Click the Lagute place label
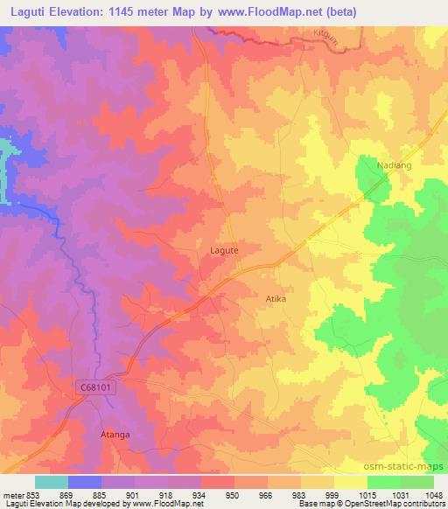(225, 250)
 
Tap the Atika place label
(276, 298)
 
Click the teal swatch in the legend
(52, 482)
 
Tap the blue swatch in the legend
(85, 482)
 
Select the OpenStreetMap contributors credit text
(398, 505)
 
